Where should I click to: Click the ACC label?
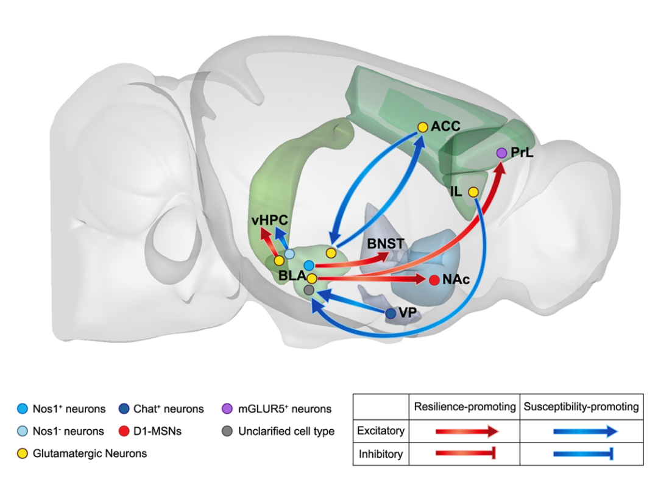click(x=445, y=126)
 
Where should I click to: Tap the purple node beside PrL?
click(x=501, y=153)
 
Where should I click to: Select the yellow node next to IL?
click(x=473, y=192)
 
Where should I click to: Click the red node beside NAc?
click(x=434, y=280)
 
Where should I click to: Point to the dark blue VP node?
click(x=391, y=313)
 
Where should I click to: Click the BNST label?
click(x=386, y=244)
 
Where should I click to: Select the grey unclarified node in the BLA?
click(x=309, y=290)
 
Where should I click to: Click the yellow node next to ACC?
click(x=423, y=127)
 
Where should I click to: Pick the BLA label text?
click(x=292, y=275)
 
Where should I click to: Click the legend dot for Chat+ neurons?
click(x=124, y=408)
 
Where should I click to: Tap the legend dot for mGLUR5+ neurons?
click(x=227, y=408)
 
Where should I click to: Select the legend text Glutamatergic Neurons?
click(x=90, y=453)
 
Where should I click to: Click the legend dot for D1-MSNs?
click(x=124, y=431)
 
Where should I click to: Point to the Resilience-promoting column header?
click(x=464, y=407)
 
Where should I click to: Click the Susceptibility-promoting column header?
click(x=581, y=407)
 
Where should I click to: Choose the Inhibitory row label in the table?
click(x=381, y=454)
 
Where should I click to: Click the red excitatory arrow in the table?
click(x=467, y=431)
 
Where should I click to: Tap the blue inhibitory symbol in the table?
click(x=584, y=453)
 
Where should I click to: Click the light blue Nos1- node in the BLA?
click(x=289, y=254)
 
